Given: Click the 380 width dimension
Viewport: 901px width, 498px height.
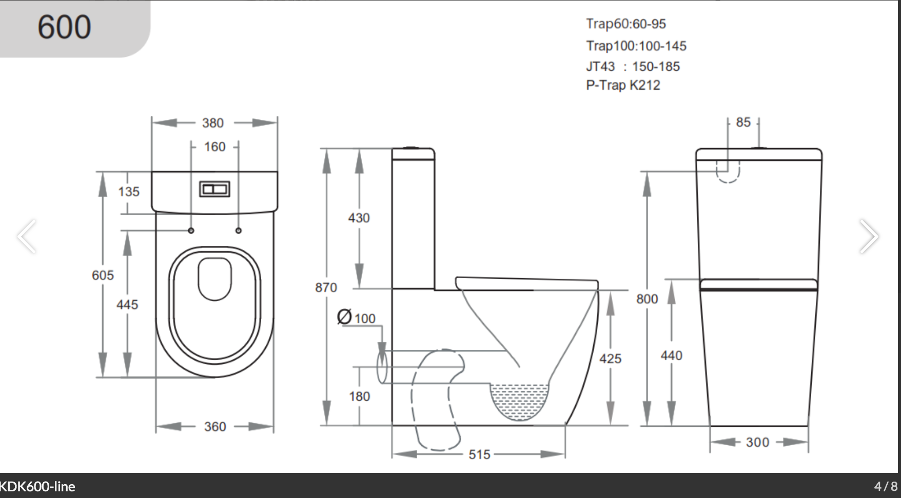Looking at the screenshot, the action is tap(213, 123).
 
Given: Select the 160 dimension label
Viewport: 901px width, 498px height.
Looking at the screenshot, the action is tap(214, 147).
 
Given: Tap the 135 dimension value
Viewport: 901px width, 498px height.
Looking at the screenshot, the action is tap(129, 192).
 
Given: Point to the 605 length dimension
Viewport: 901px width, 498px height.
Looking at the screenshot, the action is tap(103, 275).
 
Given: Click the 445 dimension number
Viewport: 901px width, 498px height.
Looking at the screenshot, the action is tap(127, 305).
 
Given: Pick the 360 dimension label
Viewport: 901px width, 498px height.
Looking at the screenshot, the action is tap(215, 427).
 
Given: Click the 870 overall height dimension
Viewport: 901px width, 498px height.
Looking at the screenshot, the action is tap(326, 287).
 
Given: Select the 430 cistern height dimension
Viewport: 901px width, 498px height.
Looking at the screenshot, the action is tap(359, 218).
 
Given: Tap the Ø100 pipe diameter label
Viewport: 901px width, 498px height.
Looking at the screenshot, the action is tap(357, 318).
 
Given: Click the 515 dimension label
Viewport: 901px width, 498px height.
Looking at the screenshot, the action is tap(479, 454).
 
